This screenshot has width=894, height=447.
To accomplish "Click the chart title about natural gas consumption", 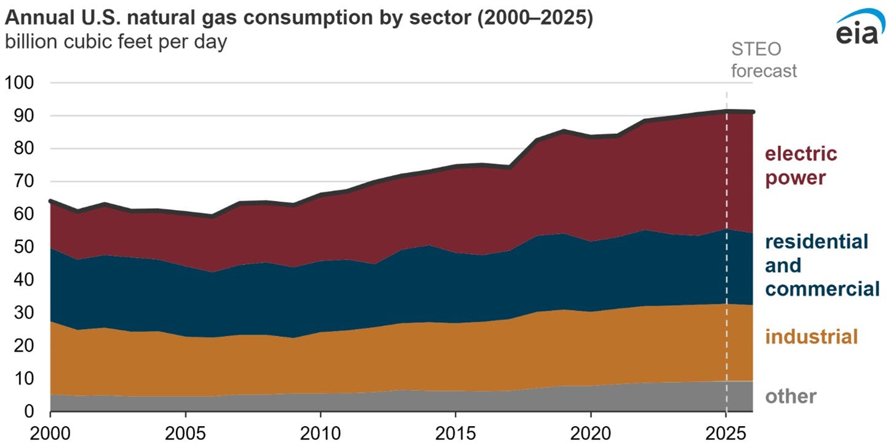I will pyautogui.click(x=299, y=19).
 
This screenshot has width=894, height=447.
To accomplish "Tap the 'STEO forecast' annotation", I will pyautogui.click(x=764, y=60).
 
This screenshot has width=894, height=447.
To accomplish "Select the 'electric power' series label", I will pyautogui.click(x=800, y=165).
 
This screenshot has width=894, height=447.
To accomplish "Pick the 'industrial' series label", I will pyautogui.click(x=811, y=336).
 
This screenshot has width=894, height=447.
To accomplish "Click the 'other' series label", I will pyautogui.click(x=791, y=396).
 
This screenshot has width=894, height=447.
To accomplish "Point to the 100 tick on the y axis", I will pyautogui.click(x=22, y=82).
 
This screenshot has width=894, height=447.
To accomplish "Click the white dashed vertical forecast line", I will pyautogui.click(x=727, y=246).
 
